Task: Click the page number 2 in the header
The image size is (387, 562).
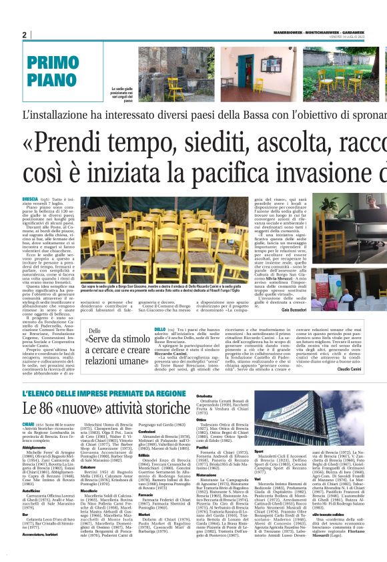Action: coord(24,35)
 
